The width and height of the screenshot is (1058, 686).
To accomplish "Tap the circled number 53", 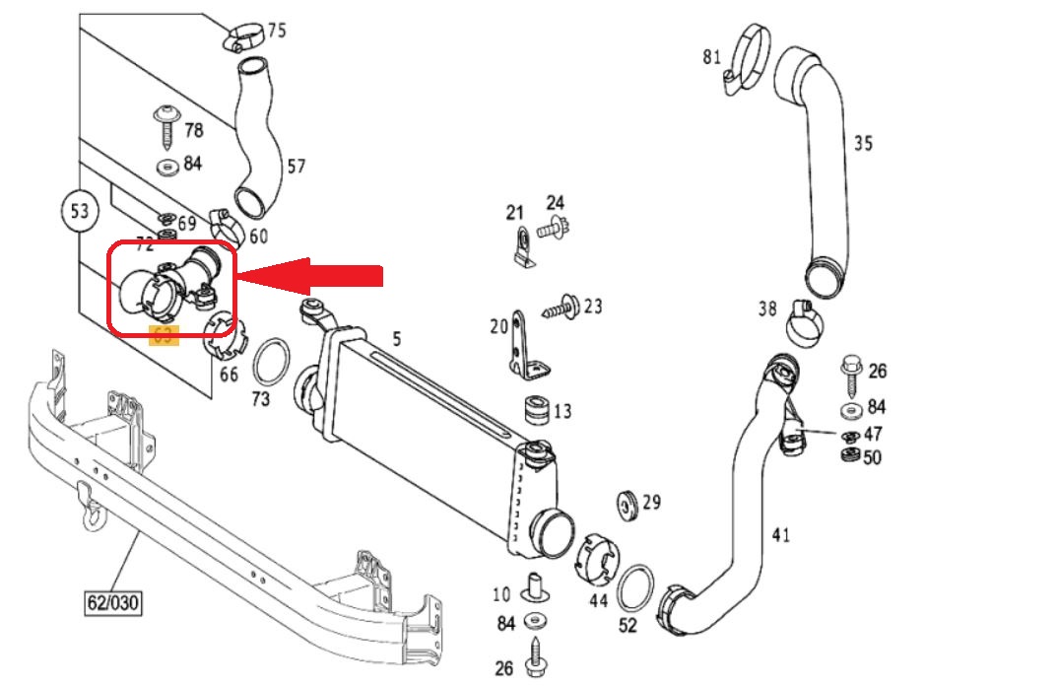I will [80, 210].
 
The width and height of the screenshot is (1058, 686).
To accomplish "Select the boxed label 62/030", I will [108, 599].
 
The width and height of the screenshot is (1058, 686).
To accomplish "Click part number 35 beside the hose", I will [863, 144].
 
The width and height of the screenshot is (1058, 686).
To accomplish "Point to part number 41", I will [780, 535].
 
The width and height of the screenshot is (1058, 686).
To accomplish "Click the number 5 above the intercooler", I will [396, 339].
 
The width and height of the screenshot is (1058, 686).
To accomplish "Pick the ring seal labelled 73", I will [272, 363].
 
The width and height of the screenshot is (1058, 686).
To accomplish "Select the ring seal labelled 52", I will [636, 588].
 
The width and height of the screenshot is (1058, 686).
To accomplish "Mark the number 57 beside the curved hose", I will [296, 167].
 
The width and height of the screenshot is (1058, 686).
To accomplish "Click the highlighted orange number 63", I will [162, 334].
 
